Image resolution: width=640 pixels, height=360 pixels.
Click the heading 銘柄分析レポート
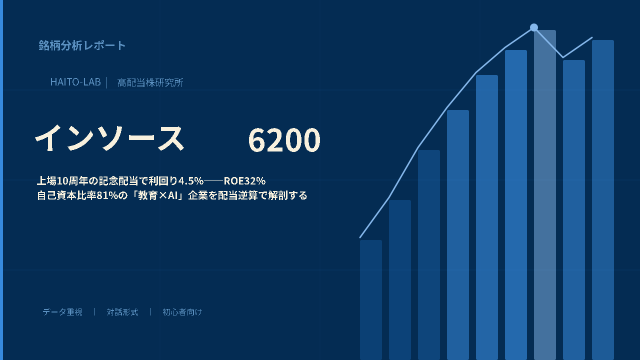coord(82,45)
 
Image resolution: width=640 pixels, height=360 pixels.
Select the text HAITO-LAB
coord(75,82)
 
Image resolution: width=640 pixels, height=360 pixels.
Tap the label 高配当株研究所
coord(150,82)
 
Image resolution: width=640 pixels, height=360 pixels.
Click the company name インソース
coord(109,138)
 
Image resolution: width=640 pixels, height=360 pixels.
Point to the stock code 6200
coord(284,139)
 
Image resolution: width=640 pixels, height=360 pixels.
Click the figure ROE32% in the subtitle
coord(244,181)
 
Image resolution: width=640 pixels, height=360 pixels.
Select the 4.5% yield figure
coord(191,181)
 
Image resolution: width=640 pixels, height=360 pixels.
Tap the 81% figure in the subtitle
coord(107,195)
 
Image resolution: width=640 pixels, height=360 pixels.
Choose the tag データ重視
coord(62,312)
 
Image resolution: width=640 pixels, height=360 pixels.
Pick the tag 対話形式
coord(122,312)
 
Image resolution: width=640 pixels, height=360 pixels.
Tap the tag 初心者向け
coord(182,312)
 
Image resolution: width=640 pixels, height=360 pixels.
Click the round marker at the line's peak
coord(533,27)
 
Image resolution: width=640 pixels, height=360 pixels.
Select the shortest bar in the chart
coord(371,300)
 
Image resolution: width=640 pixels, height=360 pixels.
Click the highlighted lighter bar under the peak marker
coord(545,195)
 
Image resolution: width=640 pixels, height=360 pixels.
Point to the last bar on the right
coord(603,200)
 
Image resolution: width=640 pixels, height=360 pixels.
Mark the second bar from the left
coord(400,280)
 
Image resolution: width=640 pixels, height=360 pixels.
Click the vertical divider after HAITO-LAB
coord(106,82)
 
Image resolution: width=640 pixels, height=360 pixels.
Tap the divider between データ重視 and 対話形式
coord(94,311)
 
